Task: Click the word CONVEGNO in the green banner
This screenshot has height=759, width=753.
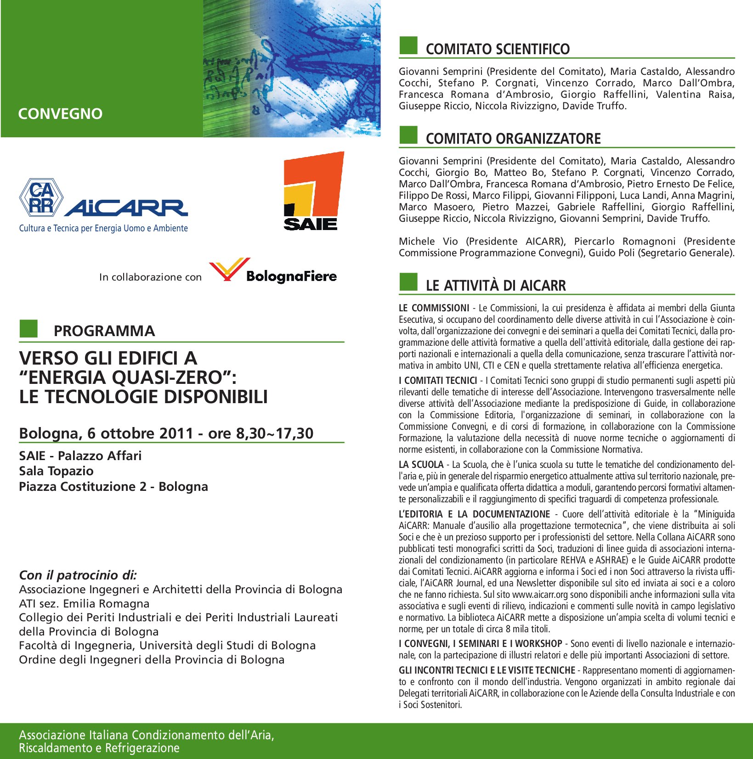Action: (x=60, y=113)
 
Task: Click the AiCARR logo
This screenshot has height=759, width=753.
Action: (x=103, y=205)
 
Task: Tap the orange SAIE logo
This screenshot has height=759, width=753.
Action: (x=312, y=191)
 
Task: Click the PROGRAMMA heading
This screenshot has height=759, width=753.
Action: (x=104, y=331)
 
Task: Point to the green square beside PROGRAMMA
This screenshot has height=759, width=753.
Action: (x=28, y=329)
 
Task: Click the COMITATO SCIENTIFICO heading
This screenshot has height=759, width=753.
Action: (x=498, y=49)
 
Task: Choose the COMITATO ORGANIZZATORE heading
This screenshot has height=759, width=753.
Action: (x=513, y=139)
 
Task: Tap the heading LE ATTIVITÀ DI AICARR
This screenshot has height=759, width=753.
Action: (x=496, y=286)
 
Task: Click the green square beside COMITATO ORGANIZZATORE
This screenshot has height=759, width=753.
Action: (x=408, y=135)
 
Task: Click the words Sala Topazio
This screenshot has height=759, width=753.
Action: (x=56, y=471)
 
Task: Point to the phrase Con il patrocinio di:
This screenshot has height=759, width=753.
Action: (x=78, y=575)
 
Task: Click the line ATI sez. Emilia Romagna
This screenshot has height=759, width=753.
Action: (x=84, y=603)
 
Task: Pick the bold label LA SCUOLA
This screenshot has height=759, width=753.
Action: (x=421, y=465)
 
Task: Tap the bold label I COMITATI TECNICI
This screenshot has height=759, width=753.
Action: (x=438, y=381)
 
